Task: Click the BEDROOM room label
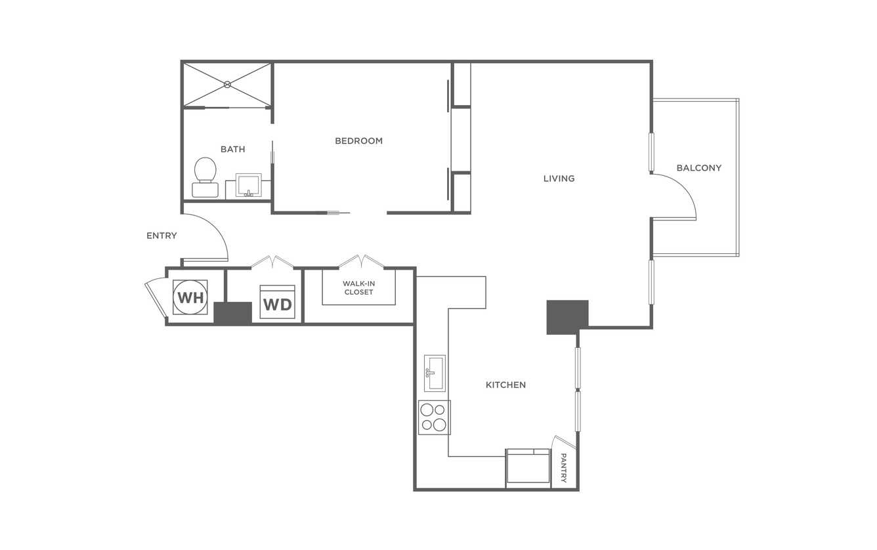tap(358, 141)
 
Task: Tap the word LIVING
tap(559, 179)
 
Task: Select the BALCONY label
tap(699, 168)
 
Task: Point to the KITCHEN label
tap(506, 385)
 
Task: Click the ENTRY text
tap(161, 236)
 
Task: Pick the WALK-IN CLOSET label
tap(358, 287)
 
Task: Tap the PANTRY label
tap(564, 468)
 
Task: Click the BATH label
tap(233, 149)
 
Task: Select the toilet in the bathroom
tap(205, 177)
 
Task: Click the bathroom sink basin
tap(249, 185)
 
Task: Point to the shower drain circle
tap(228, 85)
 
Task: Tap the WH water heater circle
tap(190, 297)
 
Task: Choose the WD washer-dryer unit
tap(278, 302)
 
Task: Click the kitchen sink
tap(435, 373)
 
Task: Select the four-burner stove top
tap(434, 417)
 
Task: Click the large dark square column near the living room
tap(567, 318)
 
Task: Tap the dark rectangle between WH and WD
tap(232, 313)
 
